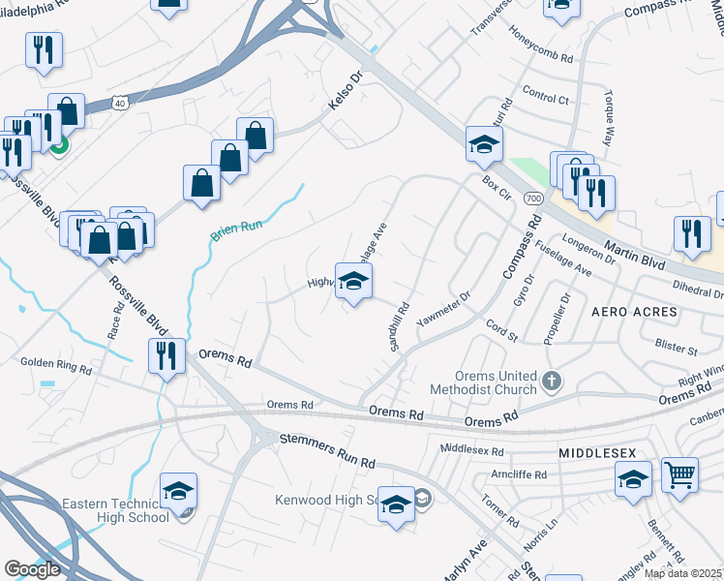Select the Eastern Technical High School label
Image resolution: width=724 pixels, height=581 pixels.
pyautogui.click(x=108, y=511)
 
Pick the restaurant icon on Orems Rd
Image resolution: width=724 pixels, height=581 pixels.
pyautogui.click(x=166, y=355)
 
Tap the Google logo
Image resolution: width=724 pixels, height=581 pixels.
pyautogui.click(x=32, y=569)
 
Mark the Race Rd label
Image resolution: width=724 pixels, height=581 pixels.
pyautogui.click(x=117, y=323)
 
